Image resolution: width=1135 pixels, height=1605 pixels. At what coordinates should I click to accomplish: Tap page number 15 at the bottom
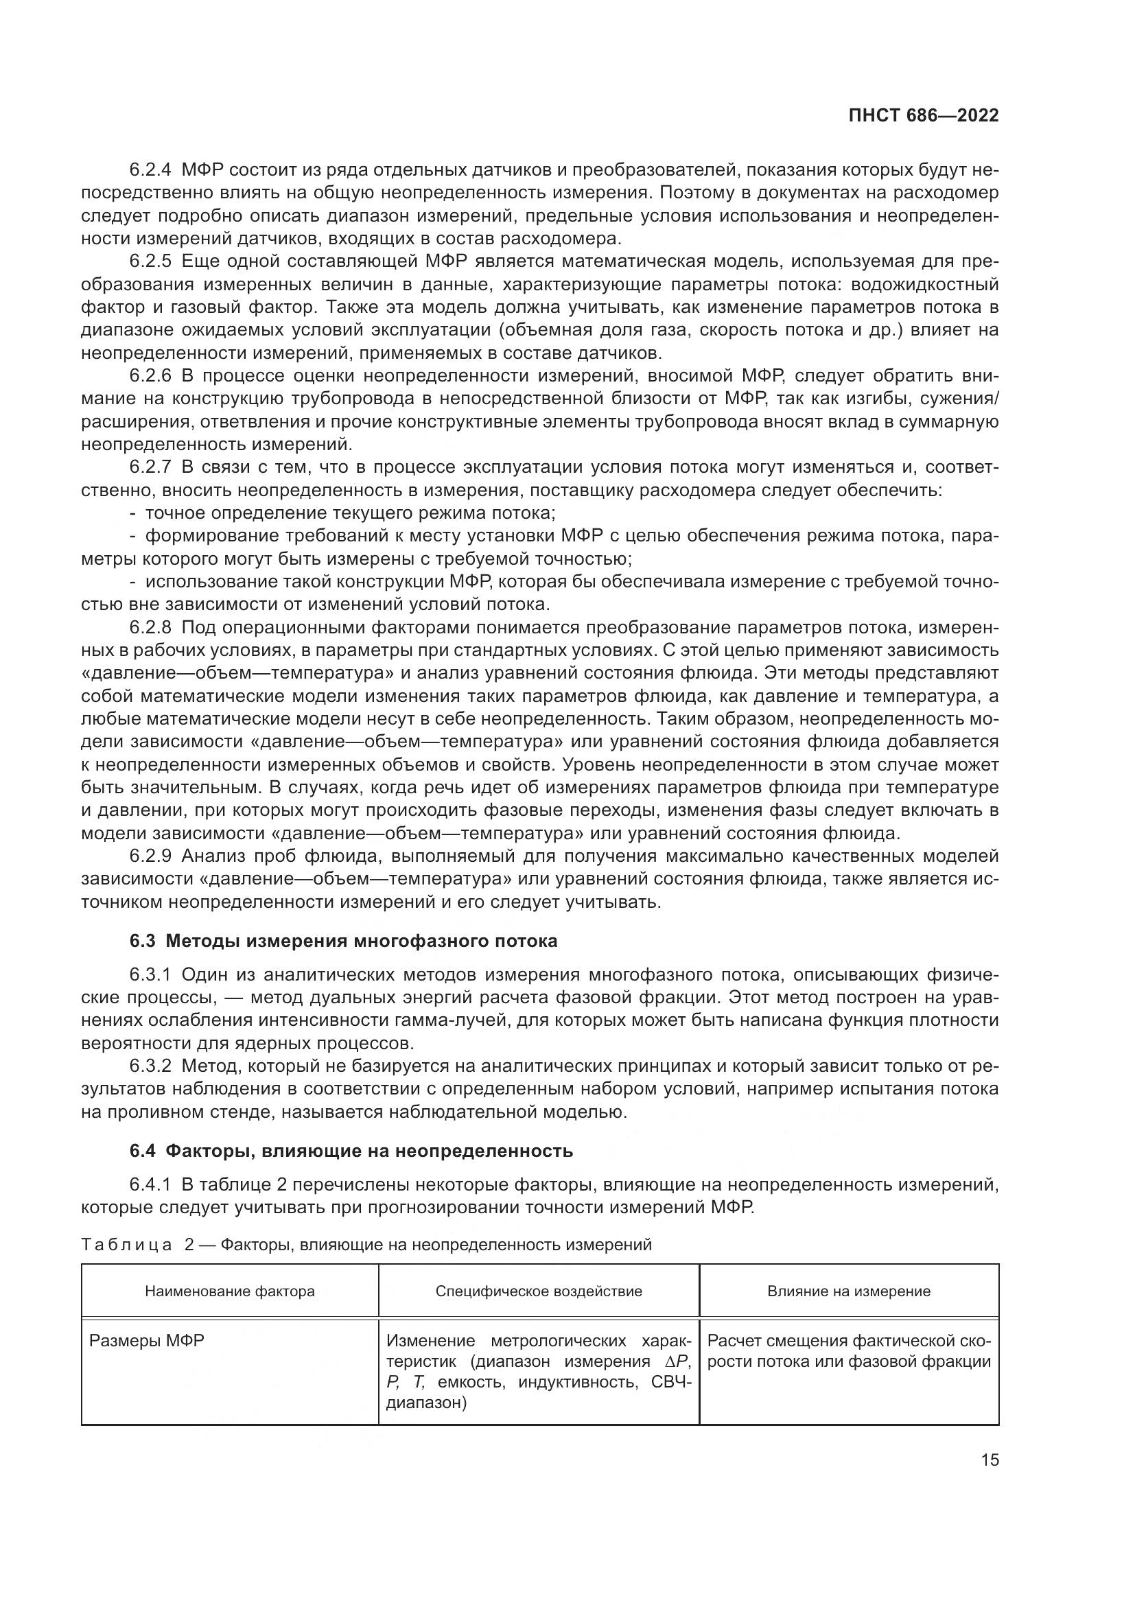pyautogui.click(x=990, y=1460)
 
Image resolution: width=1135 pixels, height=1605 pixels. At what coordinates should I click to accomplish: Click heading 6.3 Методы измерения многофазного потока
pyautogui.click(x=343, y=941)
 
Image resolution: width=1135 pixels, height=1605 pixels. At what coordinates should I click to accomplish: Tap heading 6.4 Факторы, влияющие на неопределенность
pyautogui.click(x=351, y=1151)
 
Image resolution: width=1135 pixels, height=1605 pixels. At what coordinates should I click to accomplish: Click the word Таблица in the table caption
pyautogui.click(x=126, y=1245)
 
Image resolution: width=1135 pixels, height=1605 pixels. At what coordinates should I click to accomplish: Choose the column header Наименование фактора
pyautogui.click(x=229, y=1291)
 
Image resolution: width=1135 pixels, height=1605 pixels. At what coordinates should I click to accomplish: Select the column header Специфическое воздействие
pyautogui.click(x=538, y=1291)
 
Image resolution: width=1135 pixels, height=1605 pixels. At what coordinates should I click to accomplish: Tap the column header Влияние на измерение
pyautogui.click(x=848, y=1291)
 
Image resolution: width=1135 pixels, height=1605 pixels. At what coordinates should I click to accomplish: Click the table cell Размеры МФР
pyautogui.click(x=147, y=1341)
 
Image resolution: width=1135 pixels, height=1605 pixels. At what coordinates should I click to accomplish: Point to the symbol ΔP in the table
pyautogui.click(x=677, y=1361)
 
